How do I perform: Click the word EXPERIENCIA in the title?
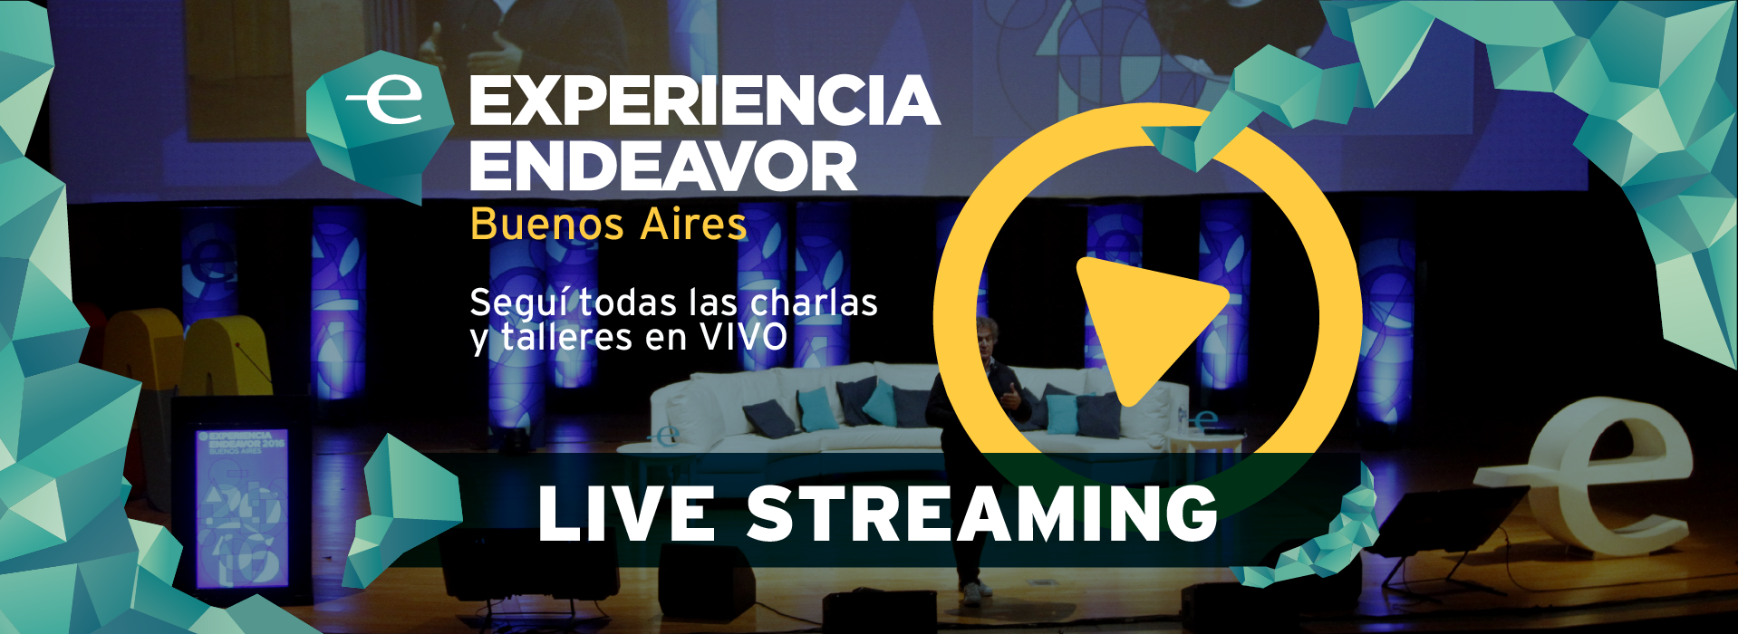tap(704, 101)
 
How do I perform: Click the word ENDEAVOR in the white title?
tap(663, 166)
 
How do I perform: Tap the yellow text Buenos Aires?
tap(609, 224)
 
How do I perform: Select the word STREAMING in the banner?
tap(982, 514)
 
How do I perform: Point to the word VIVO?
tap(743, 338)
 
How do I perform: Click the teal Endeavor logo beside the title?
tap(380, 127)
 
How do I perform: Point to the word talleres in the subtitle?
tap(565, 338)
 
